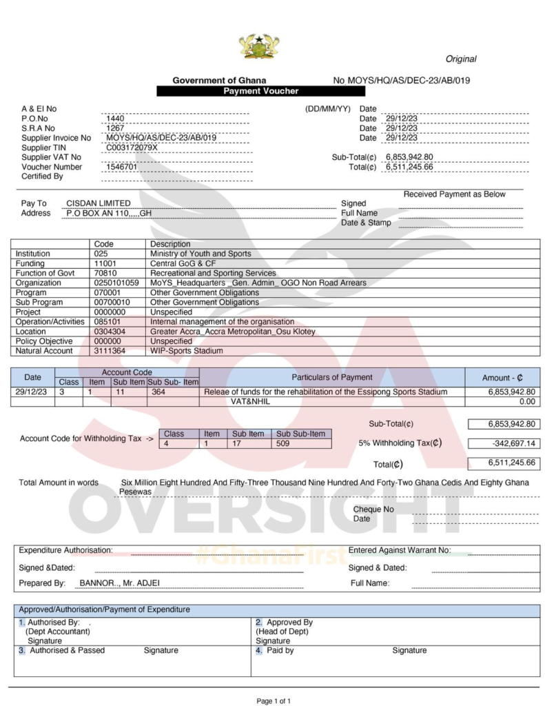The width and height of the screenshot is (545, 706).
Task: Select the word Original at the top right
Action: tap(460, 59)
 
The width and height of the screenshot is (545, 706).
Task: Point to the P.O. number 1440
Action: tap(115, 119)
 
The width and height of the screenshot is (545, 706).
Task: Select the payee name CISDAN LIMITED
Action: tap(99, 203)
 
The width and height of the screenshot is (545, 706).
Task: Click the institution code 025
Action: tap(101, 254)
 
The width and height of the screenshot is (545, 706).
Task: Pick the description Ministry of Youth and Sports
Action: tap(200, 254)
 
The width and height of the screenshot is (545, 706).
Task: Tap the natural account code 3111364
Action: tap(110, 351)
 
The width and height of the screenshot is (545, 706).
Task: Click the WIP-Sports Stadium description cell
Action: tap(187, 351)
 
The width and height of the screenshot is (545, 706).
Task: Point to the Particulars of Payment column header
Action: tap(332, 377)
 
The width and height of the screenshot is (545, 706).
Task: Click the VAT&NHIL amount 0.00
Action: tap(526, 401)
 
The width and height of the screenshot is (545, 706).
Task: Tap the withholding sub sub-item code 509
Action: tap(283, 443)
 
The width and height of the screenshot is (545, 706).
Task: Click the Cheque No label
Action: tap(373, 510)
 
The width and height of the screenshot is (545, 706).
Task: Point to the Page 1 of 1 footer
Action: tap(274, 700)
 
